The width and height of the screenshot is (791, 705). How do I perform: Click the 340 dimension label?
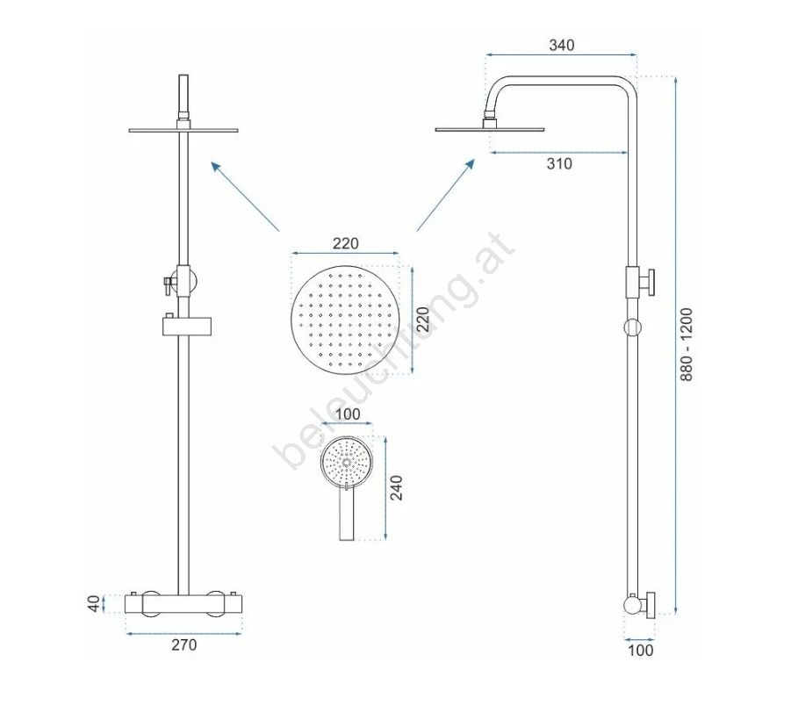tap(562, 45)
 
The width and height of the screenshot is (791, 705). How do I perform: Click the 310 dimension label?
tap(559, 163)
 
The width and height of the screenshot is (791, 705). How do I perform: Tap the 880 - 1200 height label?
tap(687, 344)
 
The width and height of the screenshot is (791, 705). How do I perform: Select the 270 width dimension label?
tap(184, 645)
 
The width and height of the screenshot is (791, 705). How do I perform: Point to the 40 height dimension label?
tap(94, 603)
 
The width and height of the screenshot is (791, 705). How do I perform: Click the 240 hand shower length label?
tap(397, 487)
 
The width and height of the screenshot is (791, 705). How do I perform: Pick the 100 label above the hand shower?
tap(348, 414)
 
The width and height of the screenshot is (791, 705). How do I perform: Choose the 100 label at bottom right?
tap(641, 650)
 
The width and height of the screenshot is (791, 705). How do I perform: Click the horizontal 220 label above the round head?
tap(346, 243)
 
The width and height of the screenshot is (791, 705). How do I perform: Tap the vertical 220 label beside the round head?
tap(423, 319)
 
